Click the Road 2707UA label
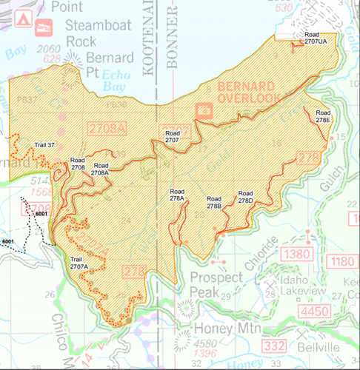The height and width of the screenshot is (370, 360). click(x=319, y=39)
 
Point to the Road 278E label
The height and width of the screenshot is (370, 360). click(x=323, y=116)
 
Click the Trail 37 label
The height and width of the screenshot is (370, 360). click(x=45, y=144)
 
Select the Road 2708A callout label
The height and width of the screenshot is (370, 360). click(x=101, y=170)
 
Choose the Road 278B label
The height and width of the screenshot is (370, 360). click(x=214, y=202)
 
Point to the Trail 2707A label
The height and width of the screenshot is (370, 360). click(x=79, y=263)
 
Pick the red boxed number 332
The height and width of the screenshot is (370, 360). click(x=276, y=348)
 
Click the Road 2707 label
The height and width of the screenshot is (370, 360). click(x=173, y=136)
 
